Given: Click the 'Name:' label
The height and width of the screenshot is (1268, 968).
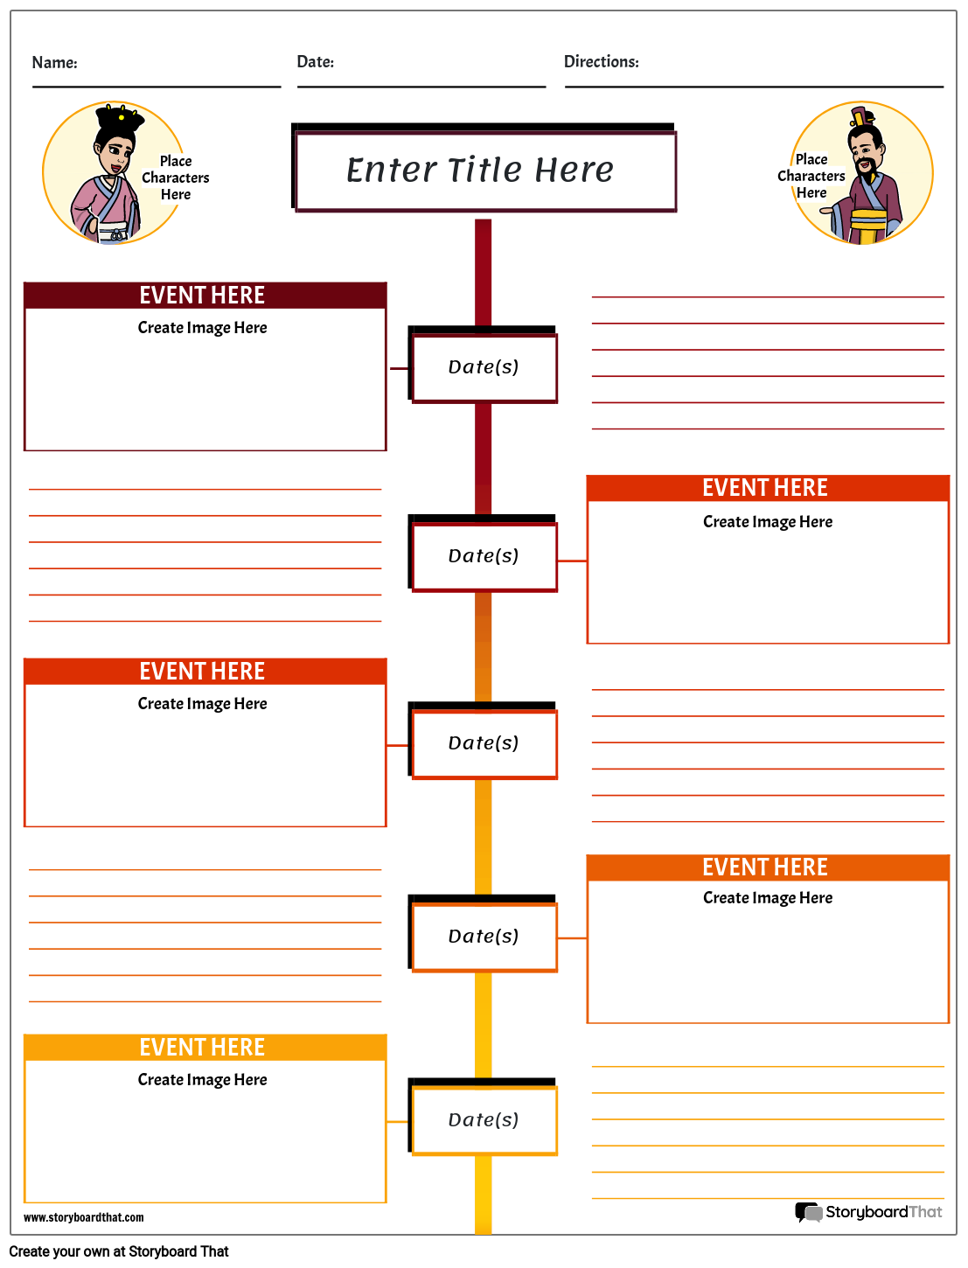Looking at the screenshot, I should [54, 62].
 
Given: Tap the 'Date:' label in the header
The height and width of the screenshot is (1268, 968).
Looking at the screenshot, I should [315, 62].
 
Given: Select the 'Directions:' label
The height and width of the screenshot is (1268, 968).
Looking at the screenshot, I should [601, 62].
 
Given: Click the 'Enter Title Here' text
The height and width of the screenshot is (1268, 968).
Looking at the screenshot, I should [480, 170].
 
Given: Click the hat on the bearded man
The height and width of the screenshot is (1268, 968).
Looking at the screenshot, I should [861, 117].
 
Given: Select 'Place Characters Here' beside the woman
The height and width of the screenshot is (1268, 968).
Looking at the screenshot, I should [176, 178].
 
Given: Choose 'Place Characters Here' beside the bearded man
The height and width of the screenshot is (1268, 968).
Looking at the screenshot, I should [811, 176].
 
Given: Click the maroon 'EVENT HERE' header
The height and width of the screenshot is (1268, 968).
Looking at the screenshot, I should [203, 296].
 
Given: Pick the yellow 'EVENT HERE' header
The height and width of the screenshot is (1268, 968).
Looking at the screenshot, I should [203, 1047].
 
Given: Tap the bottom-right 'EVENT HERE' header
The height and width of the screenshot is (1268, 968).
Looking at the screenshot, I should [766, 867].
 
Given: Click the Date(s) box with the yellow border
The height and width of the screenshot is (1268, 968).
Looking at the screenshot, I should [484, 1120].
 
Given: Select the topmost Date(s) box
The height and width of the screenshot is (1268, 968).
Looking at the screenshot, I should [484, 367].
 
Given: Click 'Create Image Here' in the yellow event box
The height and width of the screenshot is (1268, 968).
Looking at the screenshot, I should [203, 1080].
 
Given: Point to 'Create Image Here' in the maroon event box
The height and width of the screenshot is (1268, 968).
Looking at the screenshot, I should [203, 328].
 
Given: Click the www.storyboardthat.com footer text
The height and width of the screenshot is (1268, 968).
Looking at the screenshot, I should [84, 1217].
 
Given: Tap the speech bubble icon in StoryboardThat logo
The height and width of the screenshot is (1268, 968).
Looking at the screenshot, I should [808, 1212].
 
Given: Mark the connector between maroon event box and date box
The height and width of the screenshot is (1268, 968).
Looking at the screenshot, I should [399, 369].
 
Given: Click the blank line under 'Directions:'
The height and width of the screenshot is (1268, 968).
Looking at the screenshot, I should [754, 87].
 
